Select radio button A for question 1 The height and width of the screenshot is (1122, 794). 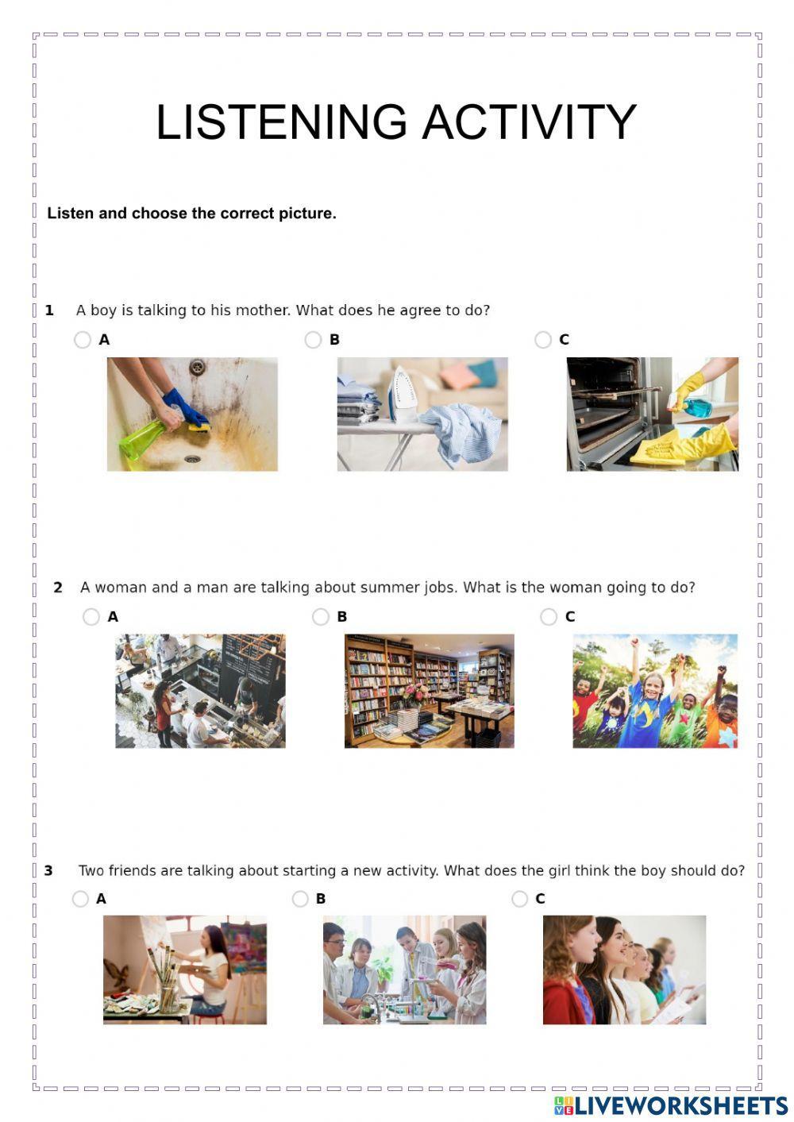tap(83, 340)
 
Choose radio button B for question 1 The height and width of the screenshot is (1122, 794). tap(313, 340)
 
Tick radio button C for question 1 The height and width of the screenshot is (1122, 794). tap(543, 340)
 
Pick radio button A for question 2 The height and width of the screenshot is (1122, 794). tap(91, 617)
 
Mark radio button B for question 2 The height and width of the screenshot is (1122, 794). tap(321, 617)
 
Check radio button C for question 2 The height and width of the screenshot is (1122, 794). tap(549, 617)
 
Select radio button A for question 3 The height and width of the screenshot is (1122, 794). tap(80, 899)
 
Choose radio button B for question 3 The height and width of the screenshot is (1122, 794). tap(300, 899)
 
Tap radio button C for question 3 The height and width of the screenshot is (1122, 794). tap(520, 899)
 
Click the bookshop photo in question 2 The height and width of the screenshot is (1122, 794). tap(429, 691)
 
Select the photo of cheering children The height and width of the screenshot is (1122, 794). tap(655, 691)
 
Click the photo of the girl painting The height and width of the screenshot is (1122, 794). tap(185, 970)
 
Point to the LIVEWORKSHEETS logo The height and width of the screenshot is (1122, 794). tap(671, 1105)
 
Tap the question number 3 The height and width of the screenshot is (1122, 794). tap(48, 871)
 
